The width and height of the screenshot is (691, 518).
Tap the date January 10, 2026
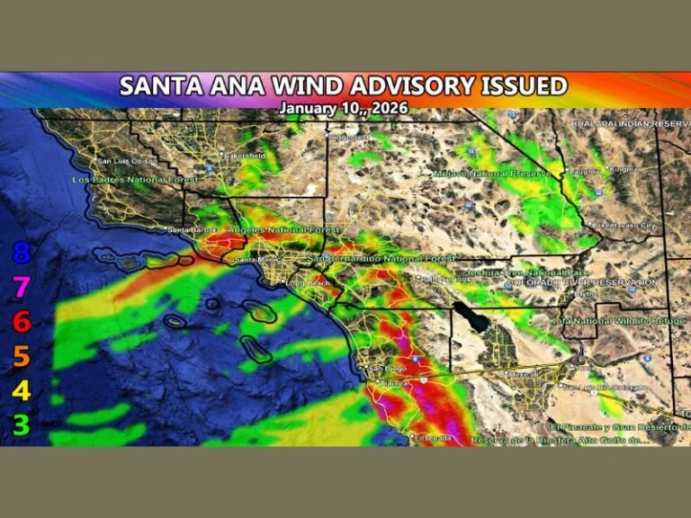343,108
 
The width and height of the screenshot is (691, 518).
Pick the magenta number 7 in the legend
22,288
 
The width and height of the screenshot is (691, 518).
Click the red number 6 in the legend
22,322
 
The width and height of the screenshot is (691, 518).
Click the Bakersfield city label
244,156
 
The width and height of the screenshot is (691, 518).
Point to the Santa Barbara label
189,229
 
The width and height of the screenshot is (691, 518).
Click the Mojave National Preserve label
491,173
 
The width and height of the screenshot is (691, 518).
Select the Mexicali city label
522,373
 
